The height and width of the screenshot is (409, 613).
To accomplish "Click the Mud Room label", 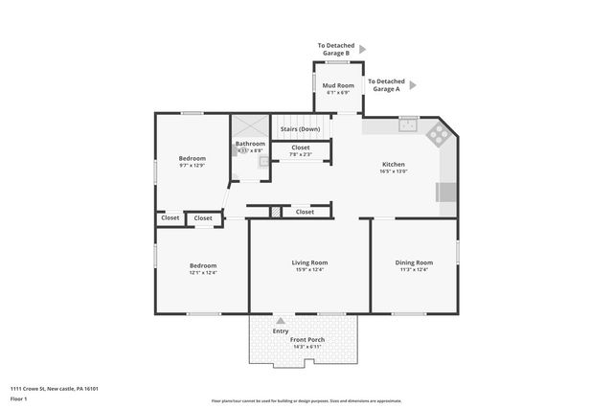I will click(x=339, y=86).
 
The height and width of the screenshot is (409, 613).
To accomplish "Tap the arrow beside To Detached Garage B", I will click(x=362, y=47).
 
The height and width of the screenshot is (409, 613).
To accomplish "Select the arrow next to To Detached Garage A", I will click(x=412, y=85).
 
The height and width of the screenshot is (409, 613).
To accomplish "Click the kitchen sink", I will click(x=409, y=124).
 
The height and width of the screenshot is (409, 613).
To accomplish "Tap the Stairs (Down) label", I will click(x=300, y=129).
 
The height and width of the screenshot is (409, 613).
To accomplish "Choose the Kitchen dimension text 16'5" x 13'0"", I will click(x=394, y=171).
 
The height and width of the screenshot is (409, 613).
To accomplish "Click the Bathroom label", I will click(x=250, y=144).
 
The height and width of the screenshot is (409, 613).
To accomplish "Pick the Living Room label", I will click(x=309, y=261).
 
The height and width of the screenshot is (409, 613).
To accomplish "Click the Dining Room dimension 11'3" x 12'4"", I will click(x=414, y=269).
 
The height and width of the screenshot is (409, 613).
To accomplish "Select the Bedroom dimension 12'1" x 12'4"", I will click(x=202, y=273).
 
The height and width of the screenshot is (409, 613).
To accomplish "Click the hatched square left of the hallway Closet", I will click(x=274, y=212).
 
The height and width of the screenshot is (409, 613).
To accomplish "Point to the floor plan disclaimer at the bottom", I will click(x=306, y=400).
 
